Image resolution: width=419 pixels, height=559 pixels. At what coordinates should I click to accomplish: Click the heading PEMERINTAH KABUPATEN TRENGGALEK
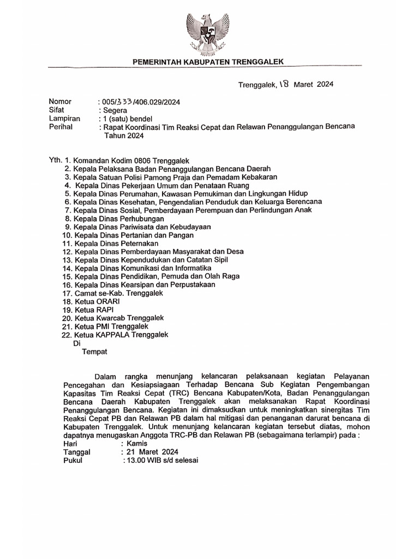coord(209,62)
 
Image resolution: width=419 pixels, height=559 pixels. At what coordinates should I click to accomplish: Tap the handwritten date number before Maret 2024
coord(286,84)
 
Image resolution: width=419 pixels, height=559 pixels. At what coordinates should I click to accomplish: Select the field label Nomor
coord(60,102)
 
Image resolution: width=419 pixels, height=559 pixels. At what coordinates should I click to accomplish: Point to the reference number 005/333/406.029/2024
coord(140,102)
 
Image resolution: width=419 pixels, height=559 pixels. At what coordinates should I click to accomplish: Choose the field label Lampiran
coord(64,118)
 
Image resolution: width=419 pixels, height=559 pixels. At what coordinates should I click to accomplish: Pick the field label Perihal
coord(61,127)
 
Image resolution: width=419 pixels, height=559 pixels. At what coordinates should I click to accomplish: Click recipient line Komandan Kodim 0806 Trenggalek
coord(131,160)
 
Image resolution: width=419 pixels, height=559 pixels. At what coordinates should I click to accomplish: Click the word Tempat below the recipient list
coord(94,352)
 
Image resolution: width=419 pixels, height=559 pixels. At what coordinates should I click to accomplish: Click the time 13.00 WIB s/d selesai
coord(161,460)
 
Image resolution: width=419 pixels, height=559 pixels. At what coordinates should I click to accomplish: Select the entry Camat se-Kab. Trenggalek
coord(119,293)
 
